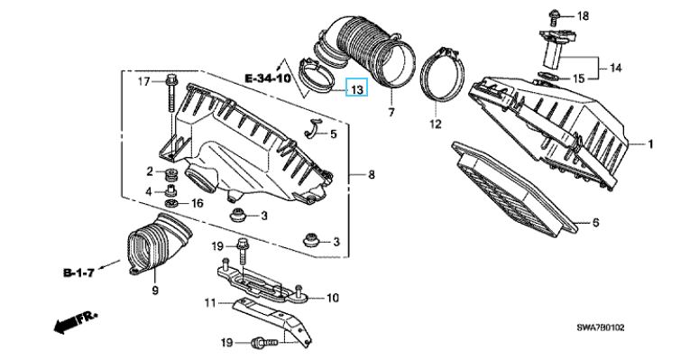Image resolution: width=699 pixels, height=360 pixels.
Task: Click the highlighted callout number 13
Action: pos(357,88)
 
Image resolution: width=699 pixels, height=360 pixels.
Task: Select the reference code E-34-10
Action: pos(268,78)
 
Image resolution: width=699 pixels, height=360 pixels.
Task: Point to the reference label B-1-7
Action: pos(78,272)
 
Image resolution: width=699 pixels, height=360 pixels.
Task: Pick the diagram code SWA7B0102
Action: pos(601,328)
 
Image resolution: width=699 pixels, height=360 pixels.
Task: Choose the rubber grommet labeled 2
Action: pos(171,173)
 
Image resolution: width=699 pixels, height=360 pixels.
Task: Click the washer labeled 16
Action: pos(172,204)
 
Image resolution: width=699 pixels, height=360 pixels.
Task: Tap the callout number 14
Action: pos(616,69)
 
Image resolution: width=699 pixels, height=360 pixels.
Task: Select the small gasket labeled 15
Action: pos(547,77)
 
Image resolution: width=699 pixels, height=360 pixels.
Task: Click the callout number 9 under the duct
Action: pos(155,291)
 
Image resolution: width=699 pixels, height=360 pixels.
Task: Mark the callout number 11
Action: pos(210,303)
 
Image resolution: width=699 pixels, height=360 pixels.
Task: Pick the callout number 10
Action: pos(333,298)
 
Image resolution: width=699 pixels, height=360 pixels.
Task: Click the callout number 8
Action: pos(372,175)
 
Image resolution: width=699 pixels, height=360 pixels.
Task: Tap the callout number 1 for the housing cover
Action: pos(650,144)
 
